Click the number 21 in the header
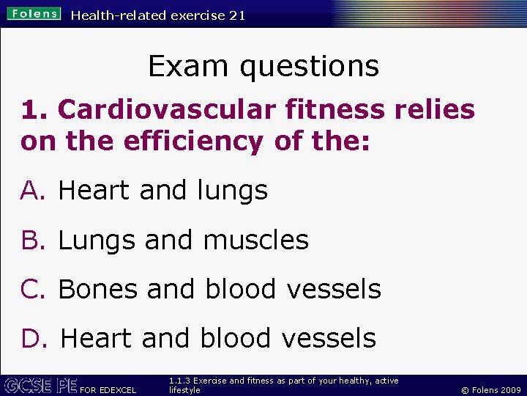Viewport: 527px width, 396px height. point(236,15)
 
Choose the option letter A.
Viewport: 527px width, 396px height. point(33,191)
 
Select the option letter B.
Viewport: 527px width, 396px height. point(33,241)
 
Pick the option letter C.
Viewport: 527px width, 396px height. point(34,290)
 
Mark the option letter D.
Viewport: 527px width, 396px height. point(34,339)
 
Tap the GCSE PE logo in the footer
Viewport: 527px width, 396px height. point(40,386)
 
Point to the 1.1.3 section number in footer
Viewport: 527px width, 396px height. point(179,381)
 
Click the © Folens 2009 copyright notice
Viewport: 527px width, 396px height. point(490,390)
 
